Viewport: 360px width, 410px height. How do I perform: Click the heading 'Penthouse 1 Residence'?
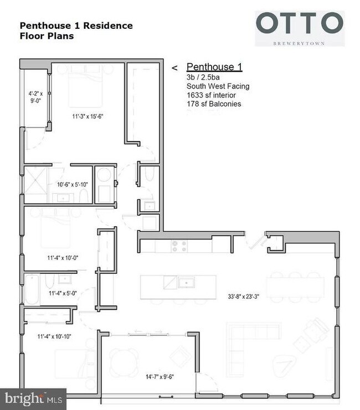(76, 25)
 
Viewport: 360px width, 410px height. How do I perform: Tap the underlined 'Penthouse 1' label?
(214, 67)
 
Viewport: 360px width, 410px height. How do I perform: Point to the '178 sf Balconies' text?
(214, 103)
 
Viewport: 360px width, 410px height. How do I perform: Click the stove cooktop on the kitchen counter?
(179, 246)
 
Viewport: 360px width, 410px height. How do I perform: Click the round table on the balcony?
(125, 360)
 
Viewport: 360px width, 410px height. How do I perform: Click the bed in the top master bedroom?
(85, 89)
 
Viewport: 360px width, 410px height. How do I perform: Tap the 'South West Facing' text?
(218, 86)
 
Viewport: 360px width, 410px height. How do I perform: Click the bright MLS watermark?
(33, 398)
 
